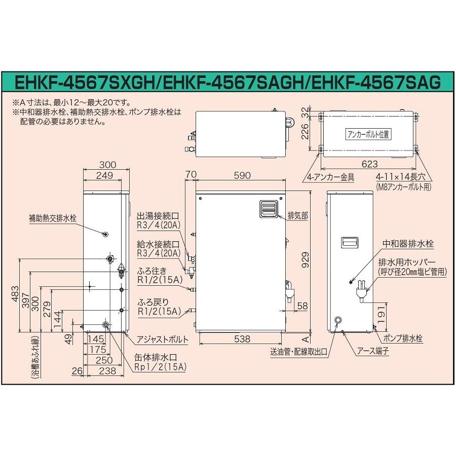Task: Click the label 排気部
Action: (x=297, y=215)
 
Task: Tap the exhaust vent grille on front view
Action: (x=269, y=208)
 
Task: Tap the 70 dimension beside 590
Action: (x=191, y=175)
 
